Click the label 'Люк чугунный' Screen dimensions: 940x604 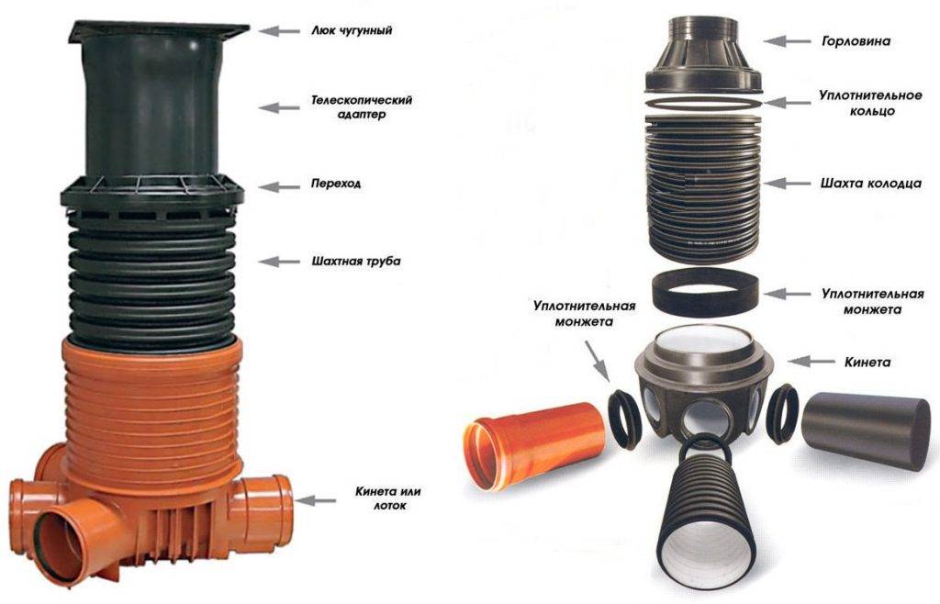pos(352,30)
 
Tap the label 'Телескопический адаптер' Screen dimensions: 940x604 pos(362,106)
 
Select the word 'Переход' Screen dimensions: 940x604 pos(335,184)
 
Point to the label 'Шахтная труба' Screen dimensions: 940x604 pos(356,262)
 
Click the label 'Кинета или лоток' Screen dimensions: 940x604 pos(388,498)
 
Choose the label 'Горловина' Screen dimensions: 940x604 pos(856,41)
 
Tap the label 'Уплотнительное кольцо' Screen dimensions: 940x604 pos(870,103)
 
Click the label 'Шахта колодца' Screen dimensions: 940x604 pos(870,184)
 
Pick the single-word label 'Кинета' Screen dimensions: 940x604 pos(867,362)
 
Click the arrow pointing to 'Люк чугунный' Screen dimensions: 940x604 pos(279,30)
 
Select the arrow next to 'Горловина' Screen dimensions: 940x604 pos(785,40)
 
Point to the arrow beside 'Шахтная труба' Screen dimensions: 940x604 pos(279,262)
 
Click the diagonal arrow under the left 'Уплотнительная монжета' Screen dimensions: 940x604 pos(596,360)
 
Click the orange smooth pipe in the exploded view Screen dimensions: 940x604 pos(533,444)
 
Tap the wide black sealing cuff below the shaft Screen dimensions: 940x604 pos(705,294)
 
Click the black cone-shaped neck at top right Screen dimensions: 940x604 pos(703,54)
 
